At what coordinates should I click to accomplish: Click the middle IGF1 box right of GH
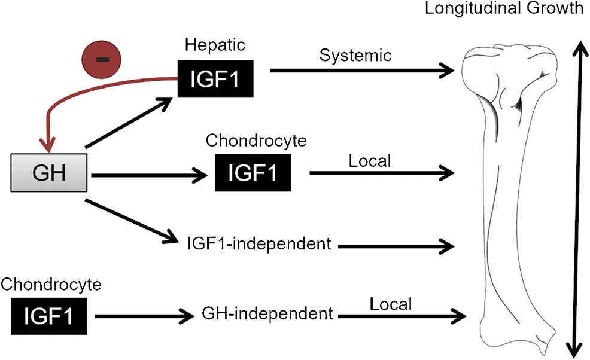pyautogui.click(x=254, y=174)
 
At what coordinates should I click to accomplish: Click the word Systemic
pyautogui.click(x=355, y=55)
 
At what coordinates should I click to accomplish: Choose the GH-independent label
pyautogui.click(x=267, y=313)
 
